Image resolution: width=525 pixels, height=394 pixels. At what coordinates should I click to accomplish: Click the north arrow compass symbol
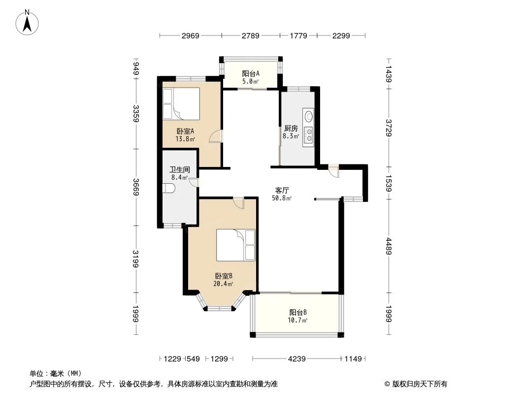[x=28, y=23]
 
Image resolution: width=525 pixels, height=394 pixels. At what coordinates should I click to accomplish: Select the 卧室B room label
[x=223, y=276]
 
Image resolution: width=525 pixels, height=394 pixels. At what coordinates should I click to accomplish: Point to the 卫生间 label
[x=179, y=170]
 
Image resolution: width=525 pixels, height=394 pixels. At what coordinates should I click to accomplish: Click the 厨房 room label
[x=291, y=128]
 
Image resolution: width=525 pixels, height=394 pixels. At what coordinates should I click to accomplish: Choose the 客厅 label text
[x=282, y=191]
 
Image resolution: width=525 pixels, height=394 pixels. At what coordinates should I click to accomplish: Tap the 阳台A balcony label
[x=251, y=73]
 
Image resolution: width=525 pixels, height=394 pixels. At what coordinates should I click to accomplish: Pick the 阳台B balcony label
[x=297, y=313]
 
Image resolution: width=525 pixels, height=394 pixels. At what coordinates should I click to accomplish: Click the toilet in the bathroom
[x=168, y=188]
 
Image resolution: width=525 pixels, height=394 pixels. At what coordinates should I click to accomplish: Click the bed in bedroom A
[x=181, y=104]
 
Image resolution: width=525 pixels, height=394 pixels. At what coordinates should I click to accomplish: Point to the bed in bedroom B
[x=236, y=245]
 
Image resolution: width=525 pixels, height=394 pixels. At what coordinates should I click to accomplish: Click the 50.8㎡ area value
[x=282, y=198]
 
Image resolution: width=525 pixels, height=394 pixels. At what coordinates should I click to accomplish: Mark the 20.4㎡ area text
[x=223, y=284]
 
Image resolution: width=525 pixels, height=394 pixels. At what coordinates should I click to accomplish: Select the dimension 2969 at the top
[x=191, y=35]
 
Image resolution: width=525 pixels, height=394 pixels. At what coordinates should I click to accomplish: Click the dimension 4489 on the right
[x=389, y=246]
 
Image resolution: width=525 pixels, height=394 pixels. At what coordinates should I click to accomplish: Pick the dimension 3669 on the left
[x=136, y=187]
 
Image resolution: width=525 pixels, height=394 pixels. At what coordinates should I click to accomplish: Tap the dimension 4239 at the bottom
[x=296, y=359]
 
